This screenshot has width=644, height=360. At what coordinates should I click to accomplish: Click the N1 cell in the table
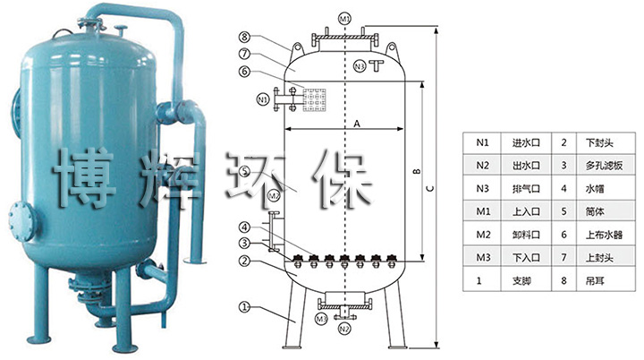pos(483,142)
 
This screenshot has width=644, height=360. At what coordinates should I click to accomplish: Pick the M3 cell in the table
pos(483,258)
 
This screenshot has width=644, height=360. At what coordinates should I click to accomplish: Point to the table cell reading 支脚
pos(522,281)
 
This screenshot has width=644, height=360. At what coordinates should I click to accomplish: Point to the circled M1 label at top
pos(346,19)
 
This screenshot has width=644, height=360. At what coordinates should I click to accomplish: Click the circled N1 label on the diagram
pos(262,98)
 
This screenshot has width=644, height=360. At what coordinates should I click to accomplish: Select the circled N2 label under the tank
pos(344,329)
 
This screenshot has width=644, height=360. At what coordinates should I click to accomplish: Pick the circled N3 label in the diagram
pos(359,66)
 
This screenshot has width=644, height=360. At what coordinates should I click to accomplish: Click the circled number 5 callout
pos(244,171)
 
